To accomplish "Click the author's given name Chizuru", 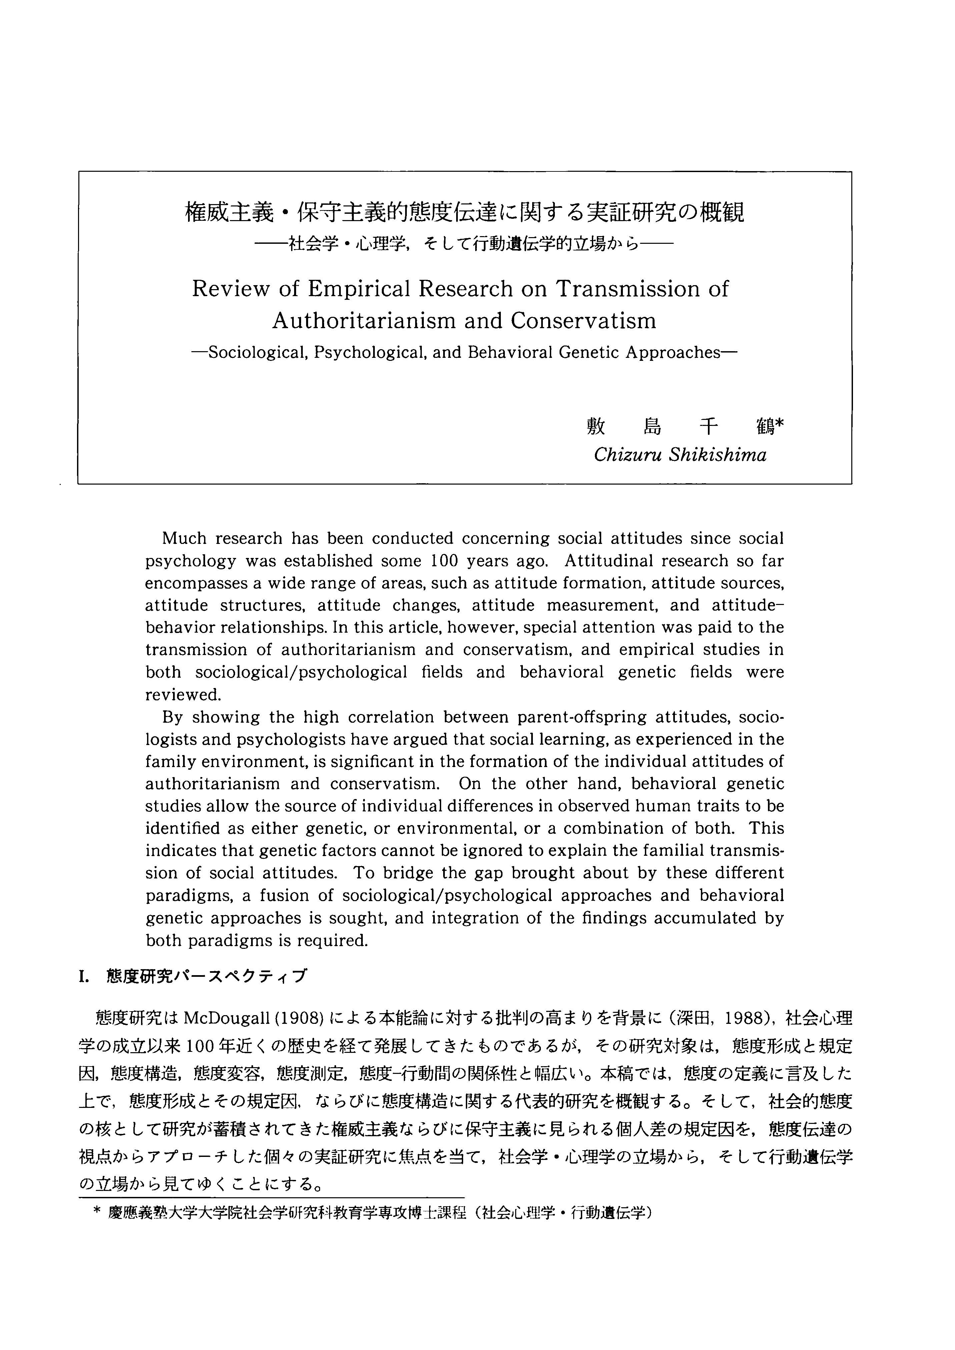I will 627,455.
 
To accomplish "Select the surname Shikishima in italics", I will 718,455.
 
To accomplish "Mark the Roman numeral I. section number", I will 83,977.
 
